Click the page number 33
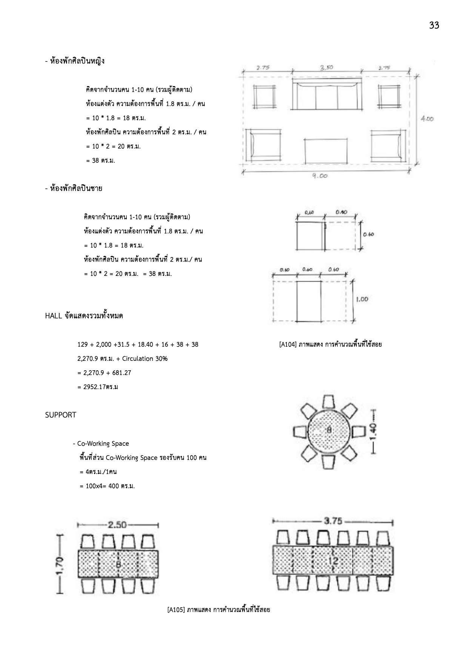[434, 25]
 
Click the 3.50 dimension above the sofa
[326, 68]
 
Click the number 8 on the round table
[329, 430]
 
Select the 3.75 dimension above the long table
[333, 521]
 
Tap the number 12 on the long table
[333, 561]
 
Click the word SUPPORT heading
[61, 415]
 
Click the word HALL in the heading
[53, 316]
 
